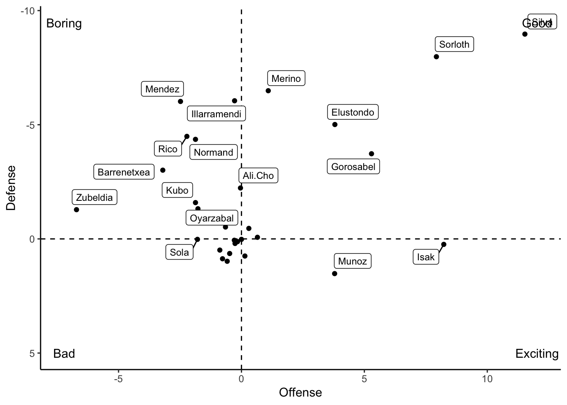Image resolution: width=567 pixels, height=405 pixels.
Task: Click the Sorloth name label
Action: click(x=454, y=44)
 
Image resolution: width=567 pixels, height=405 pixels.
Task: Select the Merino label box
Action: click(x=286, y=78)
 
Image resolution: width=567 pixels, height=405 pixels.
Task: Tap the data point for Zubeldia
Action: click(x=76, y=210)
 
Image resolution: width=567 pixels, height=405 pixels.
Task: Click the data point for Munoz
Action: click(x=335, y=273)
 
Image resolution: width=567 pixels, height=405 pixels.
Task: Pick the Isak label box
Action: click(x=426, y=257)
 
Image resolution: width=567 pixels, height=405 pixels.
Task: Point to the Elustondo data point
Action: click(x=335, y=124)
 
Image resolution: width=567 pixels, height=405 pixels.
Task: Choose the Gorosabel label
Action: click(x=353, y=167)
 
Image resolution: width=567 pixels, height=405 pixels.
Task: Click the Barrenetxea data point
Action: click(x=163, y=170)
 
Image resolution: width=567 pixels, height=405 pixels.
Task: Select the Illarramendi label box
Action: click(x=216, y=114)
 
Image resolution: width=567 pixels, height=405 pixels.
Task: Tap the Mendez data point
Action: click(x=181, y=101)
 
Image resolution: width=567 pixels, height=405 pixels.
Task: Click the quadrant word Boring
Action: click(x=64, y=23)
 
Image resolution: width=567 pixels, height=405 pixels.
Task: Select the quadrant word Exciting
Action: click(x=537, y=354)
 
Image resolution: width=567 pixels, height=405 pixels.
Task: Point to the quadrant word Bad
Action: click(x=64, y=354)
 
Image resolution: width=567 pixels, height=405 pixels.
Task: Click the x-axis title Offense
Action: click(x=300, y=393)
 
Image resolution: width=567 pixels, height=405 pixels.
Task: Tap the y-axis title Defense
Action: click(x=11, y=188)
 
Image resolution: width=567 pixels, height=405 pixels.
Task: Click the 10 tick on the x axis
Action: click(x=487, y=379)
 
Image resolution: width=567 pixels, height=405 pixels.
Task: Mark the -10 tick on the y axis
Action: click(x=27, y=11)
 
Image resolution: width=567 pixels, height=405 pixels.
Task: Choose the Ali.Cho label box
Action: click(x=258, y=175)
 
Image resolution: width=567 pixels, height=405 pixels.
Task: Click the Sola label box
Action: click(x=179, y=252)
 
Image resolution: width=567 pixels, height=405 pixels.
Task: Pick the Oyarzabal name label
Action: click(x=212, y=218)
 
